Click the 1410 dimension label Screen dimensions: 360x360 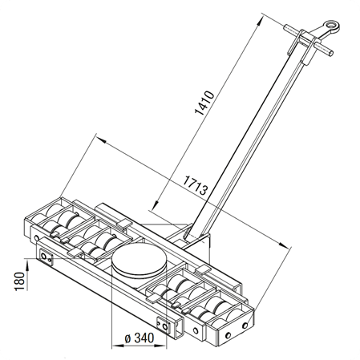pos(204,103)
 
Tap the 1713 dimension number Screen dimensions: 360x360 pos(196,185)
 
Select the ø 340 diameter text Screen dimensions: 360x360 pos(140,338)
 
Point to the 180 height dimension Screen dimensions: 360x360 pos(19,281)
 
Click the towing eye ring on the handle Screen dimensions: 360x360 pos(332,26)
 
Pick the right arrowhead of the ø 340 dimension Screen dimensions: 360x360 pos(161,346)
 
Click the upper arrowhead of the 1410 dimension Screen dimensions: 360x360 pos(258,22)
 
